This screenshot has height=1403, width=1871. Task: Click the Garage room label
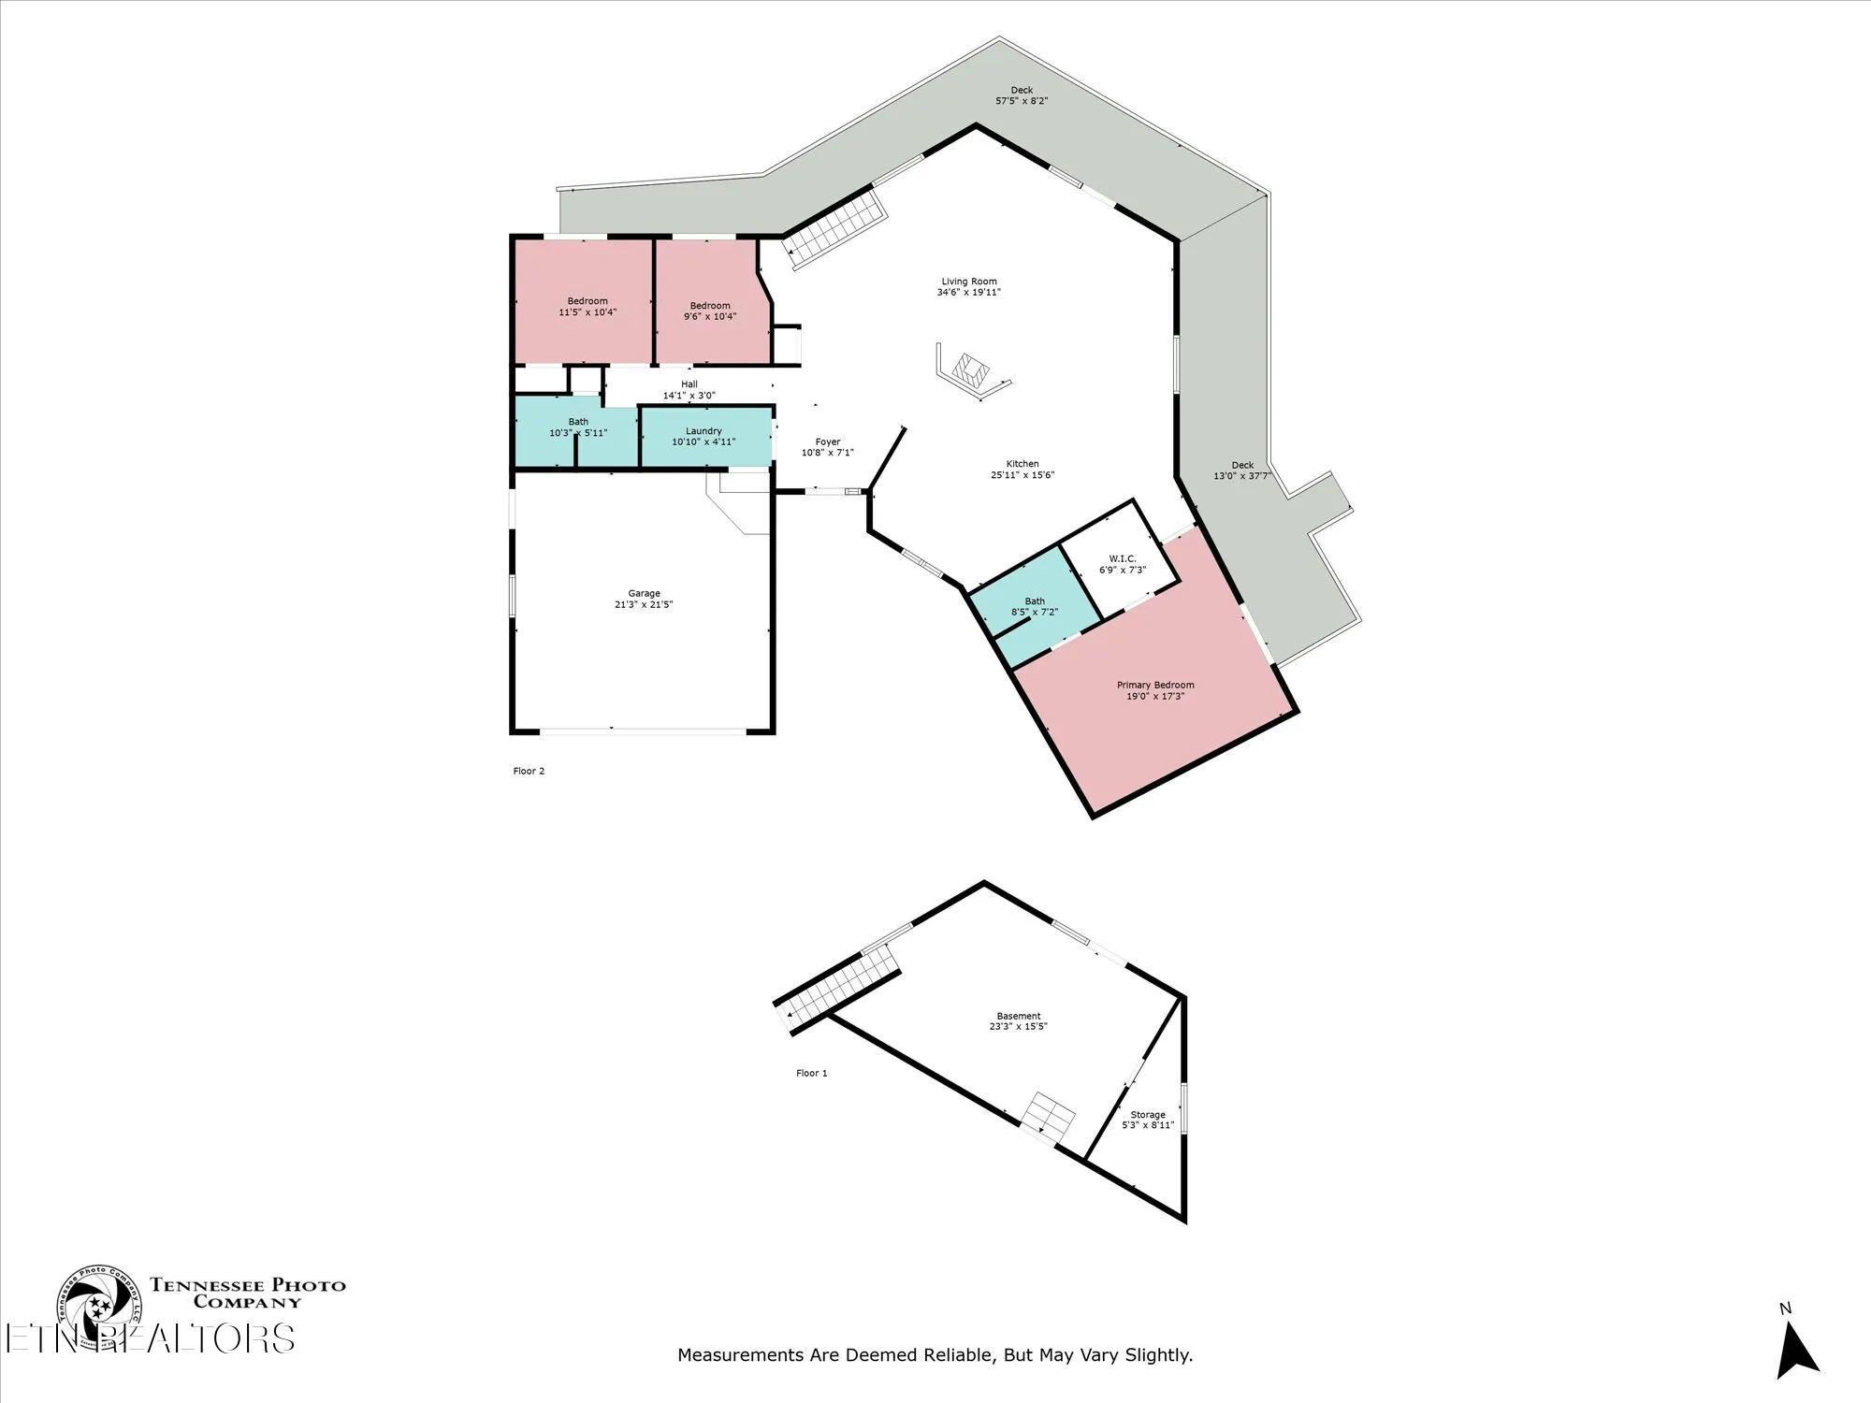(x=644, y=593)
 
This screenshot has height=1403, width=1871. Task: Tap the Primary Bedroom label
(x=1155, y=685)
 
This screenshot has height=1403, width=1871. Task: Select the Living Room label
(x=969, y=282)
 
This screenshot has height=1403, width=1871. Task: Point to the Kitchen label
(x=1023, y=464)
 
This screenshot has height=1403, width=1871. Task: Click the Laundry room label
(x=703, y=431)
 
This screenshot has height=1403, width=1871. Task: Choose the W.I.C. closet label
(x=1123, y=558)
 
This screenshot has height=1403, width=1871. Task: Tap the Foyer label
(x=828, y=442)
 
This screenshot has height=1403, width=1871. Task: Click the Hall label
(x=689, y=384)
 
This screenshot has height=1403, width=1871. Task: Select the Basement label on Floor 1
(x=1019, y=1016)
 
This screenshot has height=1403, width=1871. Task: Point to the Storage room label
(x=1148, y=1115)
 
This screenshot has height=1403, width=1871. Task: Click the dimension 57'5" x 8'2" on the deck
(x=1022, y=101)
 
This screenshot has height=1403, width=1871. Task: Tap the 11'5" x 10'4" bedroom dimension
(x=587, y=312)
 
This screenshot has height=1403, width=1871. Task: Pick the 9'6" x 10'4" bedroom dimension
(x=710, y=317)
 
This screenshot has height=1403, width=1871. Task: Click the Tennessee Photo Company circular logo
(x=97, y=1307)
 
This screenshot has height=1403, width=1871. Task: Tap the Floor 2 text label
(x=529, y=772)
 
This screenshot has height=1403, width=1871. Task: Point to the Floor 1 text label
(x=812, y=1074)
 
